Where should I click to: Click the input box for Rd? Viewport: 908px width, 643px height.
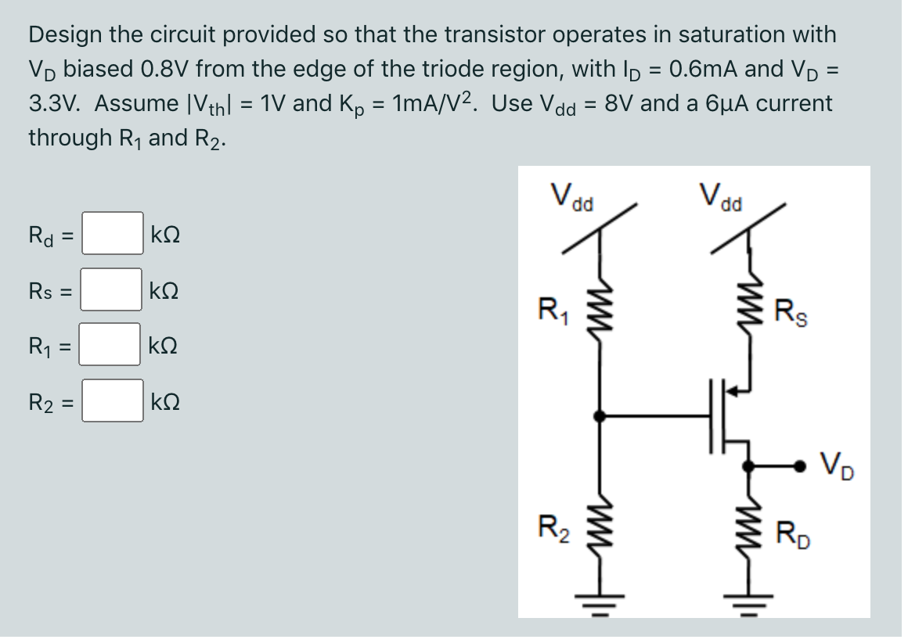[x=113, y=233]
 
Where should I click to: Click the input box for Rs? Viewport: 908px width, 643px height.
[x=113, y=289]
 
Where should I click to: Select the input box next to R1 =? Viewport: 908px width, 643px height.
[x=113, y=345]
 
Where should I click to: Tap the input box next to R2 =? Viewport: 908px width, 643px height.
[x=113, y=401]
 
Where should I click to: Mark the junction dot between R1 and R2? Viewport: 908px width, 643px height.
[x=600, y=416]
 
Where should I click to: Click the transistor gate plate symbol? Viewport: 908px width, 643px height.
[x=718, y=416]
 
